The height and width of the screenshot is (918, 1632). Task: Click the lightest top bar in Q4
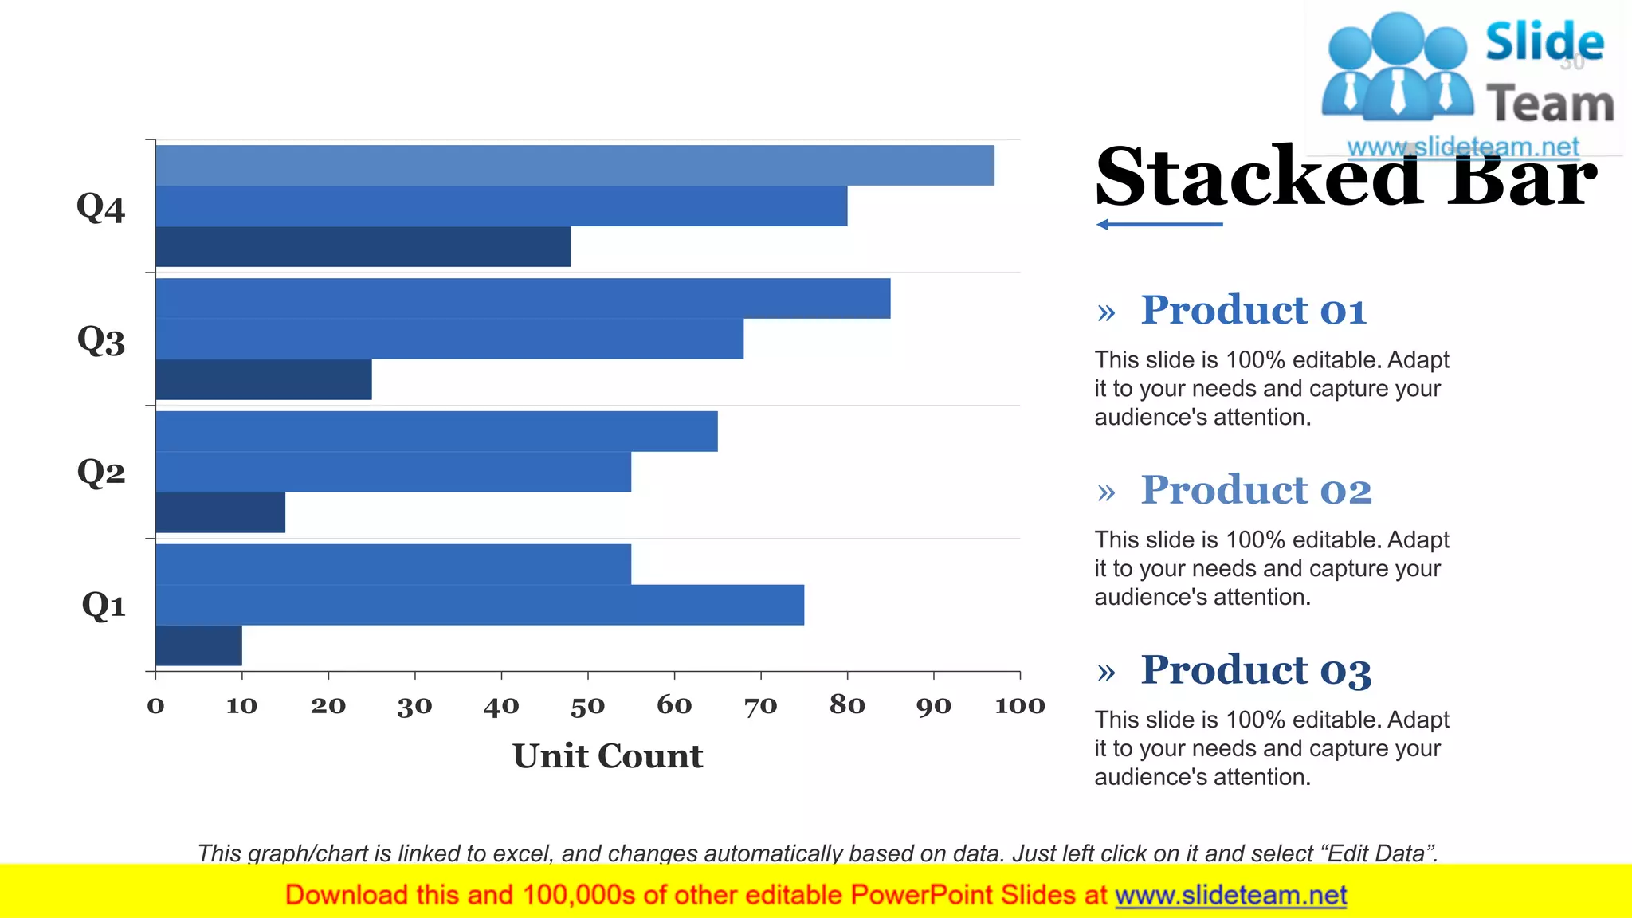[575, 165]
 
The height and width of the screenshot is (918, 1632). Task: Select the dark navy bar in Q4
[363, 247]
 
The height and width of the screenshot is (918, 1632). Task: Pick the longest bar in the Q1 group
[479, 605]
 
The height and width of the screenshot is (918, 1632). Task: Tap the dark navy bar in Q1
[198, 645]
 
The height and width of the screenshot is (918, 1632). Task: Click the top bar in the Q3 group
[523, 298]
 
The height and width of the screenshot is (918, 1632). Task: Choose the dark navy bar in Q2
[220, 512]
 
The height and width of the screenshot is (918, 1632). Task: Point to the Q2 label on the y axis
[101, 473]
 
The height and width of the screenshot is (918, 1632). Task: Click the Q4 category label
[101, 209]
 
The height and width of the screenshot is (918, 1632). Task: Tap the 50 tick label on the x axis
[587, 706]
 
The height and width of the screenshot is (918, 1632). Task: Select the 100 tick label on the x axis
[1019, 706]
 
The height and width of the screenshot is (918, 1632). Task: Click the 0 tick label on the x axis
[155, 706]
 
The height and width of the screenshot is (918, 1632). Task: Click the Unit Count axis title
[607, 755]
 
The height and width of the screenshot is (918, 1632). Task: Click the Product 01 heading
[1253, 310]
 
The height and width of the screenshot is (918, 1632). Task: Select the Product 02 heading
[1256, 490]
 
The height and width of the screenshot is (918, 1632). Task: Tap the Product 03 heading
[1256, 670]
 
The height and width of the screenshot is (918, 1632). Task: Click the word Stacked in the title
[1259, 177]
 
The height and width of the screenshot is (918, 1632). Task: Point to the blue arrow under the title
[1159, 225]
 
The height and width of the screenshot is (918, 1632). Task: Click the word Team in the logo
[1549, 104]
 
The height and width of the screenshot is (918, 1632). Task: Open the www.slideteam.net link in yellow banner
[1230, 896]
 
